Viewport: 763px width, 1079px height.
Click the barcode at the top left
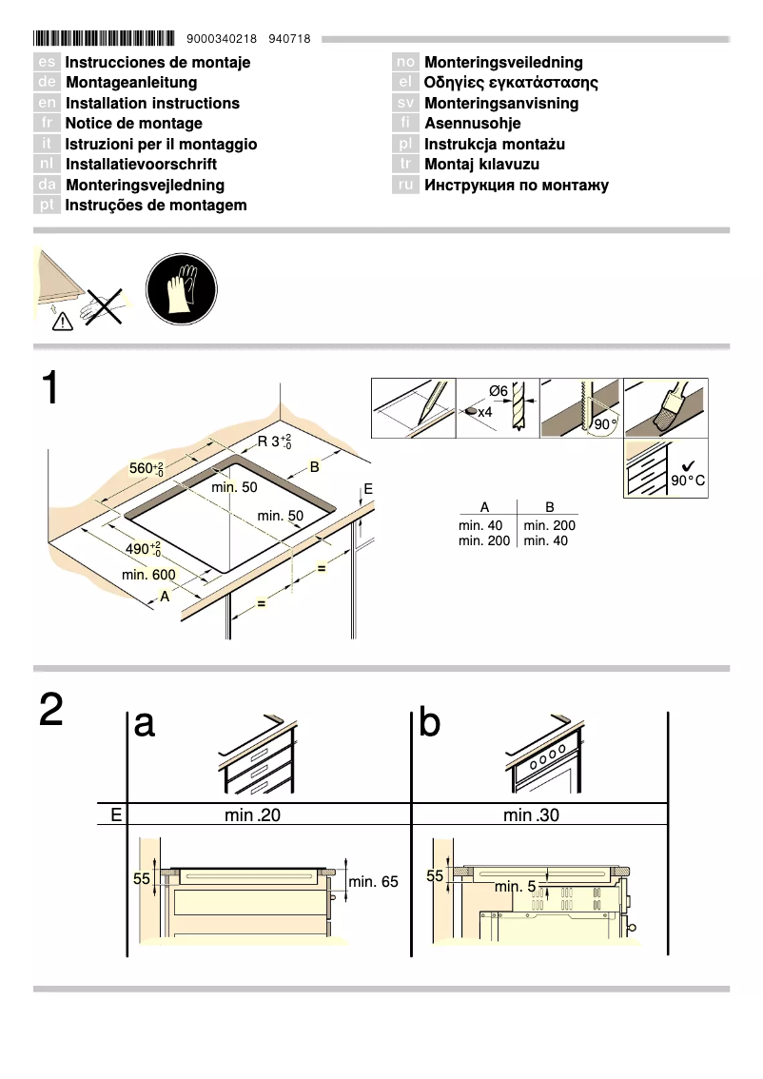104,39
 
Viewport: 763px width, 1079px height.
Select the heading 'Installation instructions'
152,103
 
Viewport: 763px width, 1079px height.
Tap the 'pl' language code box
406,144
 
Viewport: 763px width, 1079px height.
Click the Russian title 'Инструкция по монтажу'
516,185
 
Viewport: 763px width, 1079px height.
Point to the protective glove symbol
181,288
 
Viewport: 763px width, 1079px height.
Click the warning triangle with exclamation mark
62,323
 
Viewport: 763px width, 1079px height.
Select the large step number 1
52,390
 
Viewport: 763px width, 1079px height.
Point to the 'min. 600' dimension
148,575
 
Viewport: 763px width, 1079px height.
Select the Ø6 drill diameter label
498,390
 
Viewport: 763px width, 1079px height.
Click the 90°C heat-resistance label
687,481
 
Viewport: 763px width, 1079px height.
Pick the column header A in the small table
484,508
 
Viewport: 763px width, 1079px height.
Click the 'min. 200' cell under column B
549,525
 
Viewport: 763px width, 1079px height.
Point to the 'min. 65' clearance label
373,882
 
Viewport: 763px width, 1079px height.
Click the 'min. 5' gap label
516,887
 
